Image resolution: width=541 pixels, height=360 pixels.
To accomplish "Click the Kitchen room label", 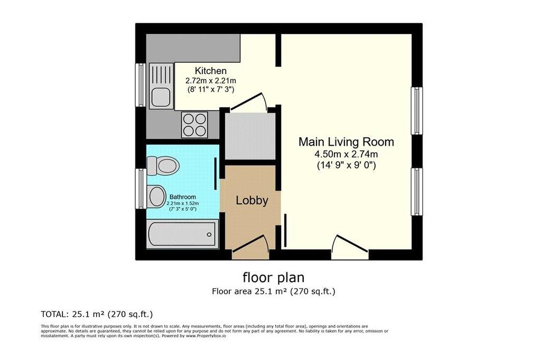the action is click(x=210, y=71).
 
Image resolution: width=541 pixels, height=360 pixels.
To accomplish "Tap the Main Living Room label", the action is click(x=346, y=142).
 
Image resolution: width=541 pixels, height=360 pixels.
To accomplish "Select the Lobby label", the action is click(x=252, y=200).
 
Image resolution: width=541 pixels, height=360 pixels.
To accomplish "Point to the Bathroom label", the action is click(x=182, y=197).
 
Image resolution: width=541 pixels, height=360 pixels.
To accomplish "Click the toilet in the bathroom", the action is click(x=163, y=165).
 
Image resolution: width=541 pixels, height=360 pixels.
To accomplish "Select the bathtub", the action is click(x=182, y=234).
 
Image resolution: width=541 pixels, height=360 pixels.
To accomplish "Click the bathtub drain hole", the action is click(x=209, y=235).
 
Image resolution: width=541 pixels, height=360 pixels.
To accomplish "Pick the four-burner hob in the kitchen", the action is click(x=194, y=125).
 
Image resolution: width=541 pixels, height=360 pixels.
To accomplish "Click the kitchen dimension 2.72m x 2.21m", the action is click(x=210, y=81).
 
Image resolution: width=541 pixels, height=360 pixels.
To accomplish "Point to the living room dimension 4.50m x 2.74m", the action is click(x=346, y=154).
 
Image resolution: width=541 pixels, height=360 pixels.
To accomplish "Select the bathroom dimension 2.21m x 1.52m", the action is click(x=182, y=204).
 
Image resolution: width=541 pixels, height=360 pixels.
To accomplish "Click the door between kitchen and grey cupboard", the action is click(x=248, y=101).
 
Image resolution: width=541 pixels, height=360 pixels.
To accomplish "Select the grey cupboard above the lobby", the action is click(x=250, y=136).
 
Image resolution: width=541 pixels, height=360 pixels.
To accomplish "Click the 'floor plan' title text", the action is click(x=273, y=277).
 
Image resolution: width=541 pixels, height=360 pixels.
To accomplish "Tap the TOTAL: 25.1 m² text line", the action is click(x=97, y=315).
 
